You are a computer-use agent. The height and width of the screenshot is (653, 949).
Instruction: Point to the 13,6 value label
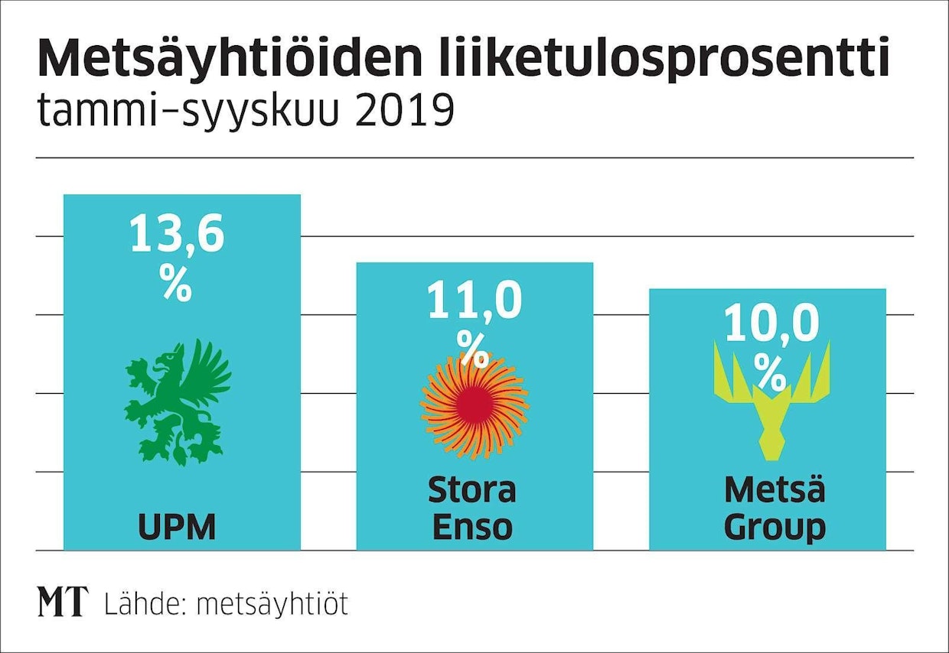(x=177, y=234)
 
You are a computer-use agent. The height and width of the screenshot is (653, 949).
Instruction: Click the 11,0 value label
(x=474, y=301)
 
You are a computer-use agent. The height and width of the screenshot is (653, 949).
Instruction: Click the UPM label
(x=178, y=528)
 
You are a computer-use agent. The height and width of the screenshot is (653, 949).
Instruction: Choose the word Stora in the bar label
(x=472, y=490)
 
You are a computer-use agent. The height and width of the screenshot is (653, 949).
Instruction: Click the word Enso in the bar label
(x=472, y=528)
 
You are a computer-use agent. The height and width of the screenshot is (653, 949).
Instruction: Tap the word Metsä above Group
(x=775, y=490)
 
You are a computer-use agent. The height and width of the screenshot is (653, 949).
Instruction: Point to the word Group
(x=775, y=528)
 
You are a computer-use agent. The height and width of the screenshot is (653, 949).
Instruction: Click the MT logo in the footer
(x=63, y=603)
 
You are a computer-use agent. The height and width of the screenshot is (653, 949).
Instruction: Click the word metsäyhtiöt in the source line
(x=272, y=603)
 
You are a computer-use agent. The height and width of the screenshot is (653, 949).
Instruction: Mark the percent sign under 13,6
(x=177, y=284)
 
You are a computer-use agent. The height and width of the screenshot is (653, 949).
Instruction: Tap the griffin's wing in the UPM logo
(x=208, y=367)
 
